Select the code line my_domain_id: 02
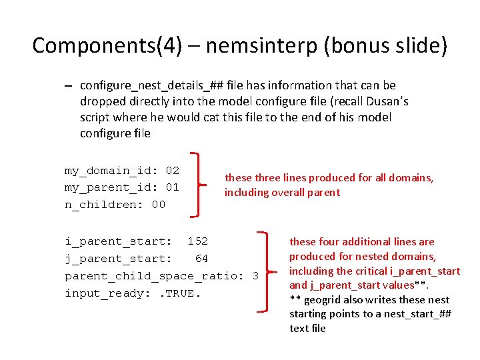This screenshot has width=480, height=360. click(x=121, y=171)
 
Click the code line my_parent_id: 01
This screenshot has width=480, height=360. click(x=121, y=187)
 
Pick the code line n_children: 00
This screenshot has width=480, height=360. click(x=115, y=205)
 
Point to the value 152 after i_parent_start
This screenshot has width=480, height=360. click(x=197, y=241)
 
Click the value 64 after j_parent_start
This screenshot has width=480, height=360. click(x=201, y=258)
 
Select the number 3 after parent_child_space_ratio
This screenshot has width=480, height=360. click(x=255, y=275)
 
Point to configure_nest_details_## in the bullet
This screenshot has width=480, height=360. click(x=151, y=85)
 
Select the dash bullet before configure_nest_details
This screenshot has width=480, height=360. click(x=69, y=86)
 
